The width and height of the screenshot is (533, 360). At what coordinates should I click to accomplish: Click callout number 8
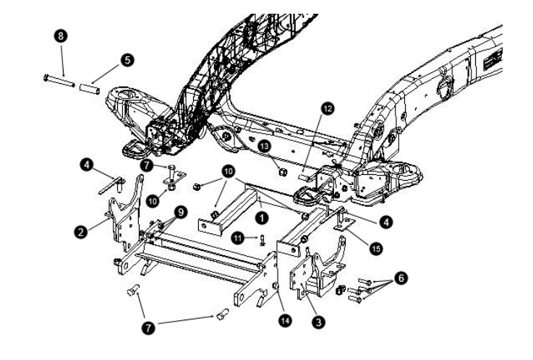(x=61, y=36)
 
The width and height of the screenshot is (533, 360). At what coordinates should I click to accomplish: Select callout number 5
(x=127, y=60)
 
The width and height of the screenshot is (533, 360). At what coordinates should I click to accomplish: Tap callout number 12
(x=328, y=108)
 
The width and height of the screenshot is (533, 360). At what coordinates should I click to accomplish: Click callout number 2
(x=80, y=232)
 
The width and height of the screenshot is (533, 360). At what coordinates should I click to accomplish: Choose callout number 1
(x=262, y=218)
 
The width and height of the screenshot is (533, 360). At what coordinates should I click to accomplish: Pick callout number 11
(x=238, y=238)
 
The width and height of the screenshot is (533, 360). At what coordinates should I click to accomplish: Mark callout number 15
(x=375, y=249)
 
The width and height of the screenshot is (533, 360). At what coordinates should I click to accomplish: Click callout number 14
(x=285, y=320)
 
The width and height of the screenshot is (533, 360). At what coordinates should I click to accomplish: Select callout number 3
(x=318, y=322)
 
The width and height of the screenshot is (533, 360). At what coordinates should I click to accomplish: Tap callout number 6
(x=401, y=278)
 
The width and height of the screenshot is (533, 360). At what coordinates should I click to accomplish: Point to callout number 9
(x=181, y=213)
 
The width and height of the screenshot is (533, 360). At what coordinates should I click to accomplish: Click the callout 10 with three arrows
(x=228, y=171)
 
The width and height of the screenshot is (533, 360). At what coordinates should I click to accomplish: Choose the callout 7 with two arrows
(x=148, y=327)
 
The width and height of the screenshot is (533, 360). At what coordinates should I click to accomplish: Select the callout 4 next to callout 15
(x=385, y=223)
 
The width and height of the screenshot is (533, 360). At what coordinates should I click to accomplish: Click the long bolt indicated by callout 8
(x=59, y=81)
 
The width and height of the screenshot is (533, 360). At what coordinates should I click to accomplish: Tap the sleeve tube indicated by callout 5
(x=90, y=89)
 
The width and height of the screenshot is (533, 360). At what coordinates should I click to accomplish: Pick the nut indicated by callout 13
(x=282, y=172)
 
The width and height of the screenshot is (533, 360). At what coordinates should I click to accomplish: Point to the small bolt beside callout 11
(x=262, y=240)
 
